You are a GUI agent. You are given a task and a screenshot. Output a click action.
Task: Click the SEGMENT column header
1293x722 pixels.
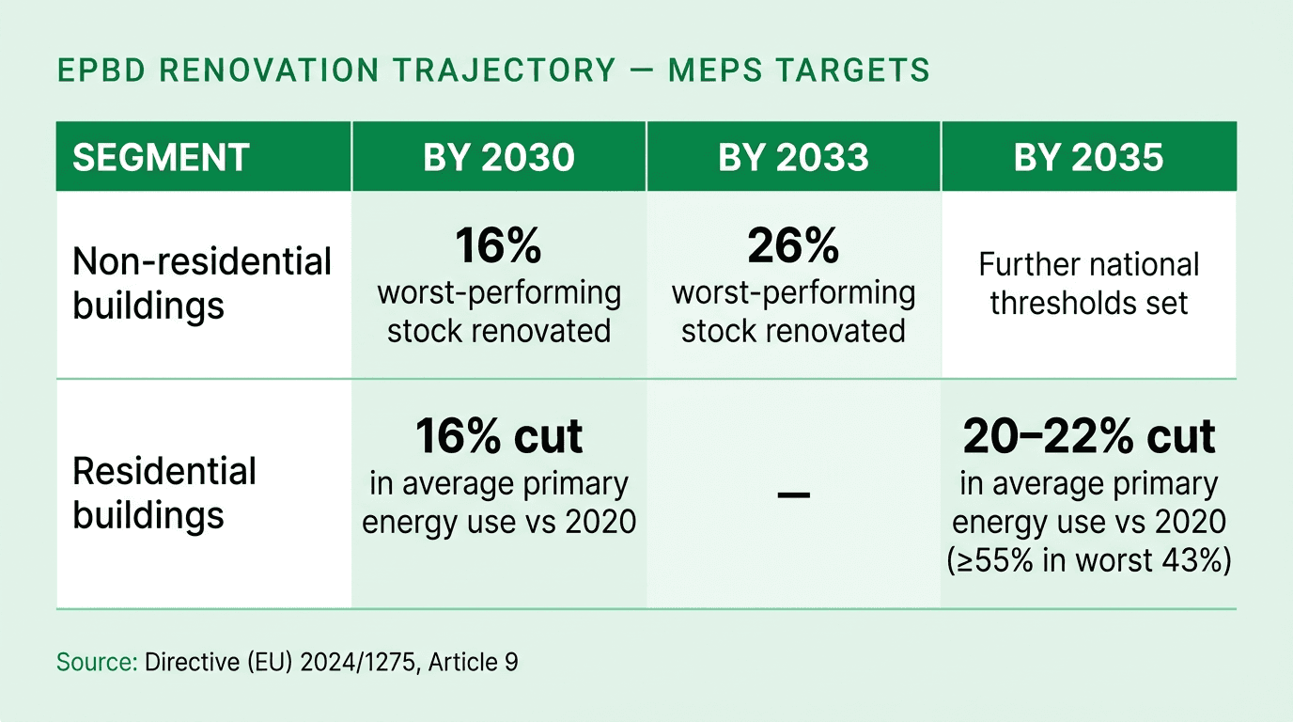point(161,157)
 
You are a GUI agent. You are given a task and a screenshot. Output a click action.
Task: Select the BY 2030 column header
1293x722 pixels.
point(498,157)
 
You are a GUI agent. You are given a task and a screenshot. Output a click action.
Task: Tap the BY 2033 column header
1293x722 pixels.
point(793,157)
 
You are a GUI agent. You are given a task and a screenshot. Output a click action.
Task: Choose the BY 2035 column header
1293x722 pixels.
point(1088,157)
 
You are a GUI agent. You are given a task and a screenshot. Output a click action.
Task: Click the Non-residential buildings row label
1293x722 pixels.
point(202,283)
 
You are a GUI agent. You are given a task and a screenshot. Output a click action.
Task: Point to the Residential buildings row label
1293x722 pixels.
point(164,493)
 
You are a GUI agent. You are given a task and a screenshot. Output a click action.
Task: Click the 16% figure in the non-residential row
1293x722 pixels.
point(498,246)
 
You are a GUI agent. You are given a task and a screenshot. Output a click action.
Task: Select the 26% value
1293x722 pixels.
point(793,246)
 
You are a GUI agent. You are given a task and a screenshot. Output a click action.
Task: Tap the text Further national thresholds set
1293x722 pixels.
point(1088,283)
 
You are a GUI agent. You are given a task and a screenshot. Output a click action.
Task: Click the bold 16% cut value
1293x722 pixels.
point(499,437)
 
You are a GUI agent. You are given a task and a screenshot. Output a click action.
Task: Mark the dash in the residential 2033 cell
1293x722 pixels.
point(794,494)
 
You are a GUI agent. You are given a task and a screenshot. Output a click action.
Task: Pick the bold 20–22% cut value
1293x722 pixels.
point(1088,437)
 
